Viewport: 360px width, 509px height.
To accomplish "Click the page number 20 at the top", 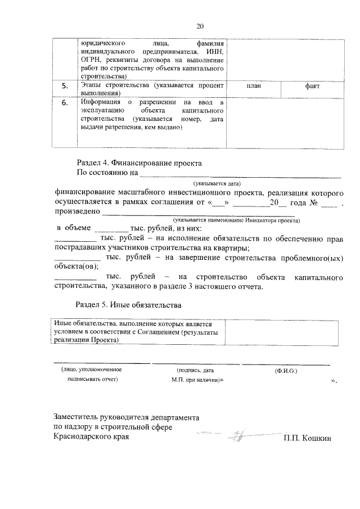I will [x=200, y=26].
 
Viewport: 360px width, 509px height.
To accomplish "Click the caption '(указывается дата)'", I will [x=217, y=183].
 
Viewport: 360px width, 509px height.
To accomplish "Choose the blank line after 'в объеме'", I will [x=111, y=231].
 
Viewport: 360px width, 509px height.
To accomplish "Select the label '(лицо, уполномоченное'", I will [x=91, y=370].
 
